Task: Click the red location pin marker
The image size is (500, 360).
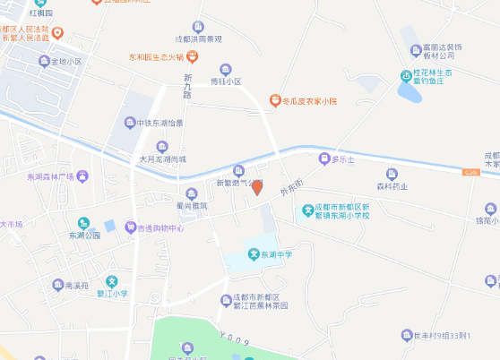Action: point(257,187)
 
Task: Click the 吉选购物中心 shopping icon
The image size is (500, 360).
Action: point(130,228)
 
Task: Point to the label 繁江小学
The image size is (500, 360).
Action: point(115,293)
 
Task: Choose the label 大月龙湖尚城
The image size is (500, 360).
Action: point(162,159)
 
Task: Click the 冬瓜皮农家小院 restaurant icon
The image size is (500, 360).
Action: point(274,100)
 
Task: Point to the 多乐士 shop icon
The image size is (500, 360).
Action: point(324,159)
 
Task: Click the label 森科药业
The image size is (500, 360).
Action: point(392,186)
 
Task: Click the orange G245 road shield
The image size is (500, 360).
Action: point(470,171)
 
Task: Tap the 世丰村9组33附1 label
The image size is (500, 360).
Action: point(443,337)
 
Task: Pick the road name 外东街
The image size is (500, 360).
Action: point(290,191)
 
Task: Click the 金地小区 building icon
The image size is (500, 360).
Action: point(43,62)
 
